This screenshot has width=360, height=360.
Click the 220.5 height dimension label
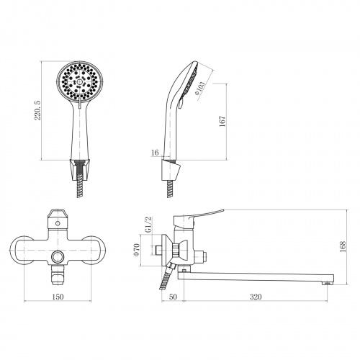37,110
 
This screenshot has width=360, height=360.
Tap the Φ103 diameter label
200,89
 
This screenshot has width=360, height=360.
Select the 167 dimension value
222,122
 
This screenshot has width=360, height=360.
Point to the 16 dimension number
156,153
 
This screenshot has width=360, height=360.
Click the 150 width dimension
58,297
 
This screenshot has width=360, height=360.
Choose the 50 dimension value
173,297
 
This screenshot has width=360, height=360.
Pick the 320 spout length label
256,297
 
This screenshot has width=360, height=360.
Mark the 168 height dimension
343,246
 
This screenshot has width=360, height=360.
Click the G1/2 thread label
149,225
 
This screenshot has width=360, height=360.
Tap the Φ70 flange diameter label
137,250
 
